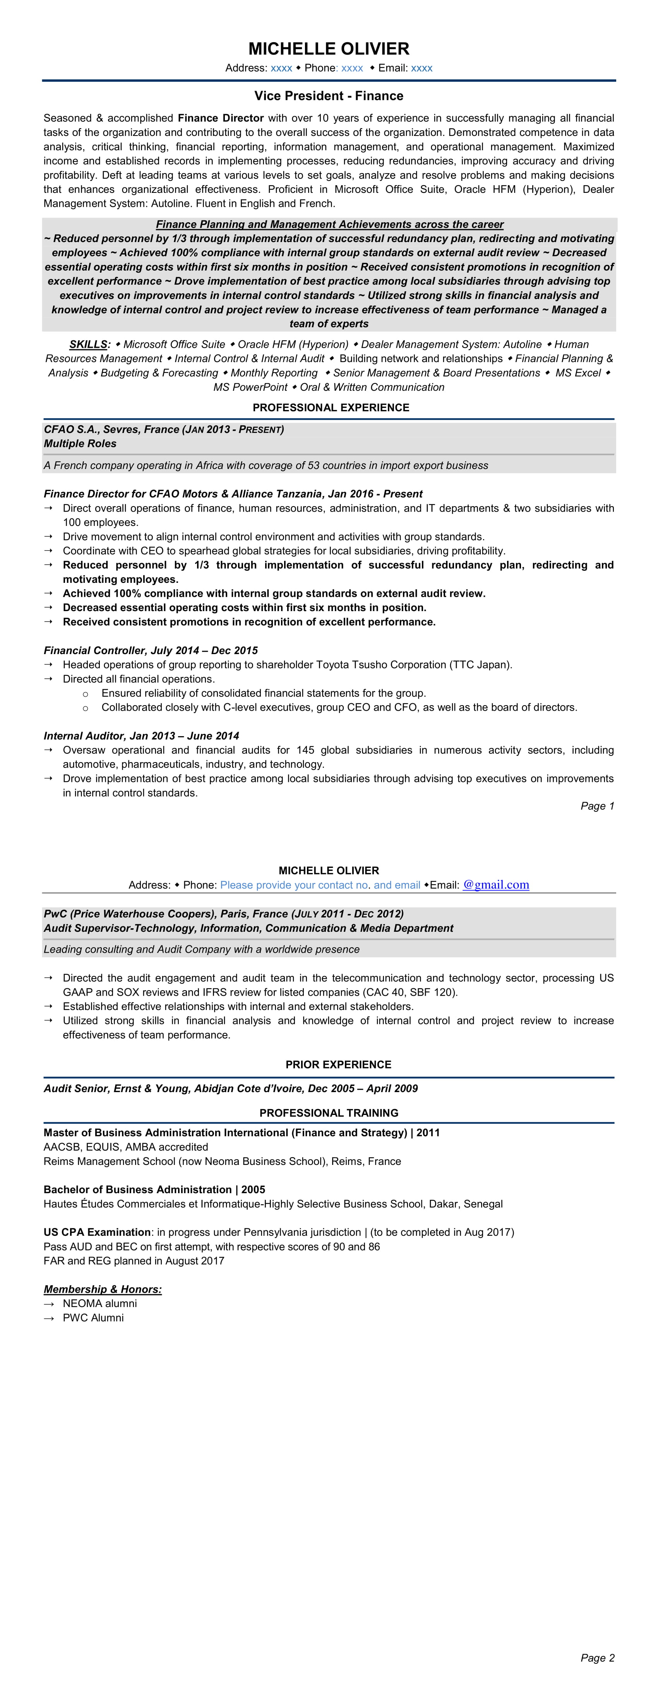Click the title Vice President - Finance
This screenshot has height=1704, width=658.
pos(329,96)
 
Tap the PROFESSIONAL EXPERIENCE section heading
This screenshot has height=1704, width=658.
pos(331,407)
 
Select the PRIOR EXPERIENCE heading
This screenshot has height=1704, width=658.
pos(338,1064)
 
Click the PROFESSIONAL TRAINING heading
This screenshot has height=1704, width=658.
pos(329,1113)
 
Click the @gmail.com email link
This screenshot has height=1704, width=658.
pos(496,885)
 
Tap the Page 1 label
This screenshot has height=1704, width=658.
pos(597,806)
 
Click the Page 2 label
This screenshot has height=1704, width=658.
pos(597,1658)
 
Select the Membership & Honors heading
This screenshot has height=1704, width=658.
pos(103,1289)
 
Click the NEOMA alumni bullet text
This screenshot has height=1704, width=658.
pos(100,1303)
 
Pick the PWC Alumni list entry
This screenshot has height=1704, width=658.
pos(93,1318)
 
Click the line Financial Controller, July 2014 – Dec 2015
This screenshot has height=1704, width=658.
pos(151,650)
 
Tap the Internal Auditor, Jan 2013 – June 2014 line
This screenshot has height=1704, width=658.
pos(142,735)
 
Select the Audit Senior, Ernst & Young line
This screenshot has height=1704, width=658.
pos(231,1088)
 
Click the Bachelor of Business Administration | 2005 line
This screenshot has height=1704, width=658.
pos(154,1189)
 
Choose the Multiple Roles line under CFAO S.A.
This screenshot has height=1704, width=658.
pos(80,443)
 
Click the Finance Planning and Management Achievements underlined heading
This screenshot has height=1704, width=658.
pos(329,224)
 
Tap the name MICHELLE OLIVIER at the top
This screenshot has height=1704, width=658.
pos(329,48)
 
